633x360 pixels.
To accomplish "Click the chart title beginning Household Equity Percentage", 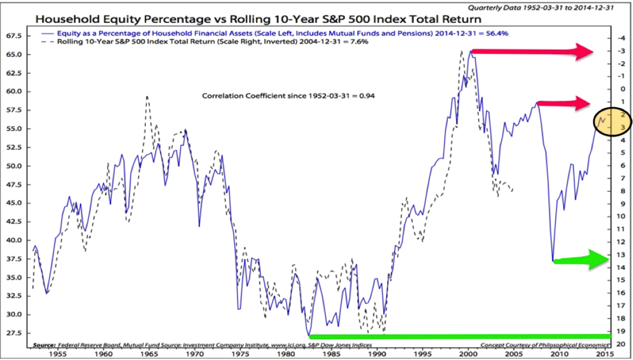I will [x=258, y=20].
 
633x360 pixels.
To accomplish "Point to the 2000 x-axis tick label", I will [x=468, y=353].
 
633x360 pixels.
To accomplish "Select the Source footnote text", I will [x=202, y=345].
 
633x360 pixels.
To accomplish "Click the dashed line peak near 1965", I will [x=147, y=97].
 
